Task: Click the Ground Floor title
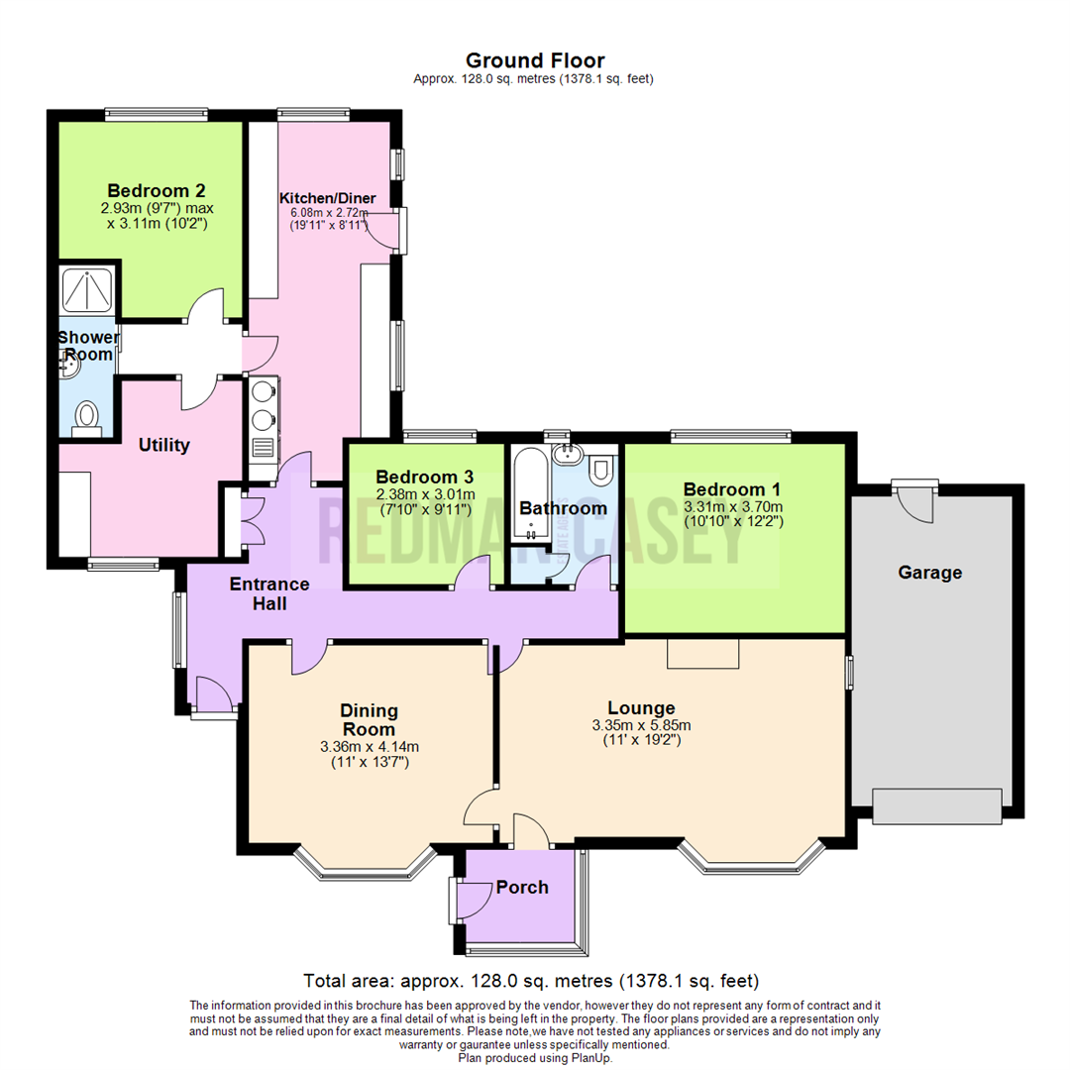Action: (x=535, y=61)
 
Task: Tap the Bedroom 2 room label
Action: (x=157, y=190)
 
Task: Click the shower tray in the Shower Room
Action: (x=87, y=289)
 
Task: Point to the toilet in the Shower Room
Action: (x=87, y=415)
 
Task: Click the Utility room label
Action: (x=163, y=445)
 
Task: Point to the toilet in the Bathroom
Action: (x=601, y=470)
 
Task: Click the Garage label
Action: (x=929, y=572)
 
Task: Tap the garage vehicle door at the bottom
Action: (x=937, y=805)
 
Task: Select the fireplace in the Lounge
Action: (x=702, y=654)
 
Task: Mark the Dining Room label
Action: (x=369, y=719)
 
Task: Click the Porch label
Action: (x=522, y=887)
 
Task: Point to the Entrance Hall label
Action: (x=270, y=592)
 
